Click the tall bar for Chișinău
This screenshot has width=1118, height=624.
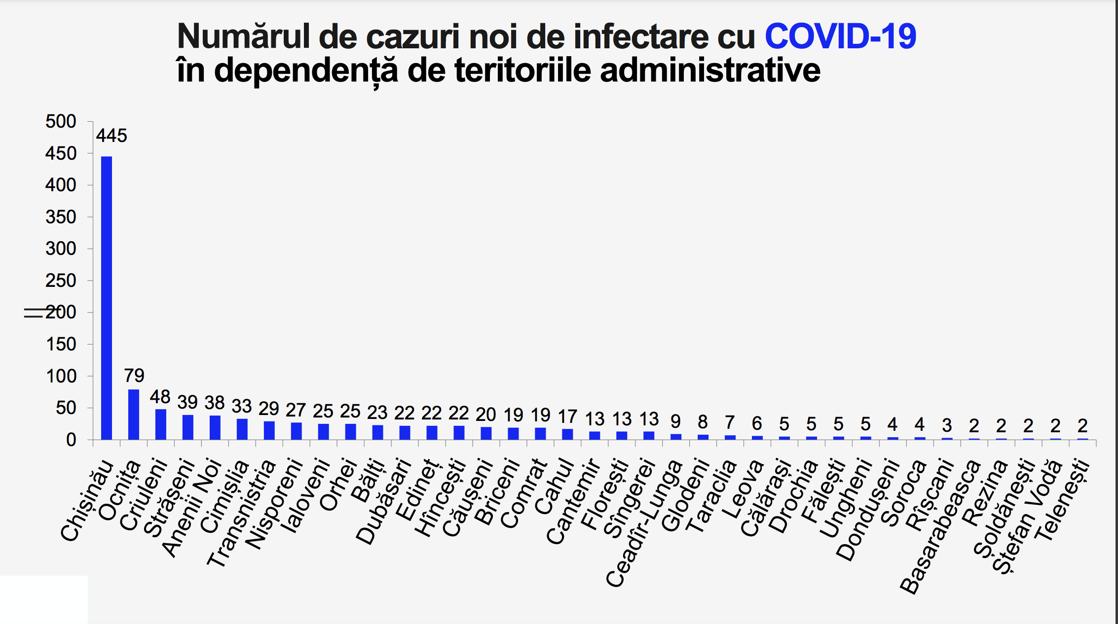(x=107, y=298)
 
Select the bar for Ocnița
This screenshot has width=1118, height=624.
(x=134, y=414)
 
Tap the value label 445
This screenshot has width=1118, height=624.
(x=112, y=136)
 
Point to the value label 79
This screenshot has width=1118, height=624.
(x=134, y=376)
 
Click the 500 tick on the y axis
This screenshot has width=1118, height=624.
(x=61, y=121)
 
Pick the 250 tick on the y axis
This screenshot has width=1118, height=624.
(x=61, y=280)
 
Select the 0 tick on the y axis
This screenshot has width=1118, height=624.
(x=71, y=440)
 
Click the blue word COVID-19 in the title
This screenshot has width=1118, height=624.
(x=840, y=36)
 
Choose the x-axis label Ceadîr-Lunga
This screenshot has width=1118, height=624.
(x=644, y=523)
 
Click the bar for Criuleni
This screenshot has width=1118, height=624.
(x=161, y=424)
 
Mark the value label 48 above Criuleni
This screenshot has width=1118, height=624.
(x=160, y=397)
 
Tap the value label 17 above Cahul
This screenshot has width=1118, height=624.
(x=567, y=417)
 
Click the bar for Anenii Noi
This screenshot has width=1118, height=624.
(x=215, y=427)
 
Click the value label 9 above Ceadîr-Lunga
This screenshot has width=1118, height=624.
(x=676, y=421)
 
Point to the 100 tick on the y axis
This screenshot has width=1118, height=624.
(x=61, y=376)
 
